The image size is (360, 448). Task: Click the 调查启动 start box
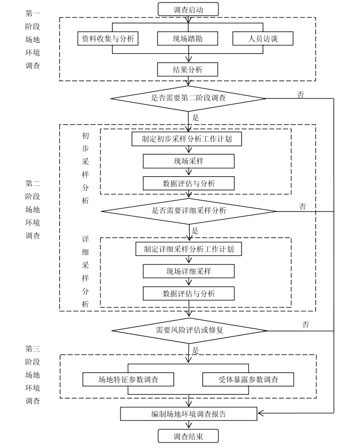[x=188, y=9]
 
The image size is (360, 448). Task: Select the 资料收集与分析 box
[x=108, y=38]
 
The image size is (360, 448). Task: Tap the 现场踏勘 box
[x=188, y=38]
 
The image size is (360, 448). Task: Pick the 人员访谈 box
[x=263, y=38]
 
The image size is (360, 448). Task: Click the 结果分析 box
[x=188, y=69]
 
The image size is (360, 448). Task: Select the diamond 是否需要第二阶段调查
[x=188, y=98]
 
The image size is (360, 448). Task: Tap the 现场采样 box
[x=188, y=161]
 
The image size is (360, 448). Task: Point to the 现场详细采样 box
[x=188, y=271]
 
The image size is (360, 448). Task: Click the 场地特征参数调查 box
[x=129, y=379]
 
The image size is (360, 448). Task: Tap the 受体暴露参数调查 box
[x=248, y=379]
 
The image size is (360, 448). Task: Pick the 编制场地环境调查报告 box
[x=188, y=414]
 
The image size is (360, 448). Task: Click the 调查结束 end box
[x=188, y=436]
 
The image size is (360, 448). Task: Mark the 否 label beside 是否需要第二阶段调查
[x=300, y=94]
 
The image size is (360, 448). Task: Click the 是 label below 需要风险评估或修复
[x=196, y=350]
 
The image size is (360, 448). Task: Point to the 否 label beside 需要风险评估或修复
[x=305, y=324]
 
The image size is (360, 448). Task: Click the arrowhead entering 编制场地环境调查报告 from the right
[x=261, y=414]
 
